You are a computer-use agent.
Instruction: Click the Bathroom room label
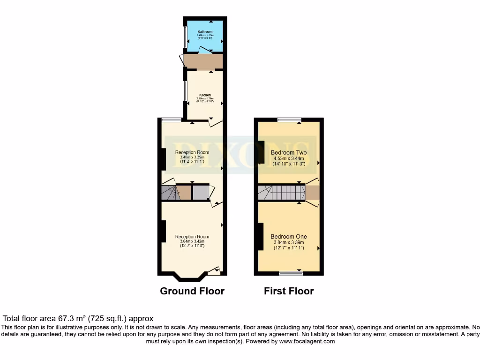205,32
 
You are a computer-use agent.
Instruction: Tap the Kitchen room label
205,95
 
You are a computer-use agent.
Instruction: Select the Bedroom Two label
289,153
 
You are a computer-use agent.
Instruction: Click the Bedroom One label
289,237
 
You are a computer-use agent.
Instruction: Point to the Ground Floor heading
192,291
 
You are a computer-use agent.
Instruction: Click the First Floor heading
289,291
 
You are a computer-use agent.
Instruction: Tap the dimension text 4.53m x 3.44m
289,159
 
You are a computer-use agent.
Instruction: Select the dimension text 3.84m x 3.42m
192,242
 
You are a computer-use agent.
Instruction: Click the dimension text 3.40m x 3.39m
192,157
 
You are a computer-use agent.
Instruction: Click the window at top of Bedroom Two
289,120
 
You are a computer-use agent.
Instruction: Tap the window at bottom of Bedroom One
291,273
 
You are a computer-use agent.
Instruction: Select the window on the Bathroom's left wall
185,35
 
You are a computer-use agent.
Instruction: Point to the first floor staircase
281,193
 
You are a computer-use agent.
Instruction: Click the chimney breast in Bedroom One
259,237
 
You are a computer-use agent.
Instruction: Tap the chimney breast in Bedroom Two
261,152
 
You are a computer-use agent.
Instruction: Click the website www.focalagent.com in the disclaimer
307,342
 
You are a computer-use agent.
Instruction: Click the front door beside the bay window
214,270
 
